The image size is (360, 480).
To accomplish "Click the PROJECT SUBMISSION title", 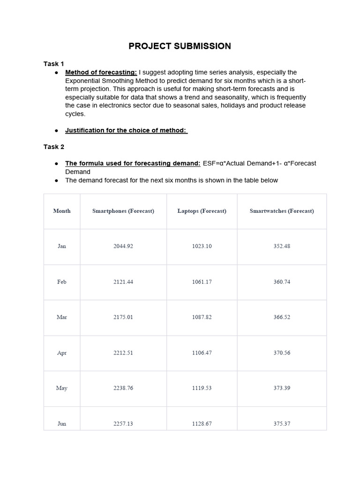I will pos(180,46).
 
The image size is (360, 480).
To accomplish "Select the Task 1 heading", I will pos(54,64).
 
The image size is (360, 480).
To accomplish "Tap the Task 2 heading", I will pos(54,147).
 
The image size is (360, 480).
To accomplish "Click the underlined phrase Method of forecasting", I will pos(101,72).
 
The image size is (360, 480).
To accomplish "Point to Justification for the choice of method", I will pos(126,130).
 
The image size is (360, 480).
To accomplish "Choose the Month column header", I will pos(62,211).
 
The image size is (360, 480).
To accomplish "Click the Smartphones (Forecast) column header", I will pos(123,211).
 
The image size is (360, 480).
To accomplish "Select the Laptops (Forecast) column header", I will pos(202,211).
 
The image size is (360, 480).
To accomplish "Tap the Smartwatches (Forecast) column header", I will pos(282,211).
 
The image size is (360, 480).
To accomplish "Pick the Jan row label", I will pos(62,246).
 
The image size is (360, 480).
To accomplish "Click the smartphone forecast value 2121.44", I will pos(123,282).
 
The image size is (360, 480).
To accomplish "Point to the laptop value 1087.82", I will pos(202,317).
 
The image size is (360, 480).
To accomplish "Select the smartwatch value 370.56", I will pos(282,352).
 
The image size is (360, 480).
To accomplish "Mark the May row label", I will pos(62,388).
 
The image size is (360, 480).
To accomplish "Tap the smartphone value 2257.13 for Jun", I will pos(123,424).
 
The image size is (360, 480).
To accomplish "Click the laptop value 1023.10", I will pos(202,246).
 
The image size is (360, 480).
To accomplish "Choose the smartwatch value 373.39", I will pos(282,388).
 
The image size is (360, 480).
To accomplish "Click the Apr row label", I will pos(62,352).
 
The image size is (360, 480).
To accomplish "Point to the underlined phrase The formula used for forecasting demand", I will pos(133,163).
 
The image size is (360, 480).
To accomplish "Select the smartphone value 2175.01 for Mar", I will pos(123,317).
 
